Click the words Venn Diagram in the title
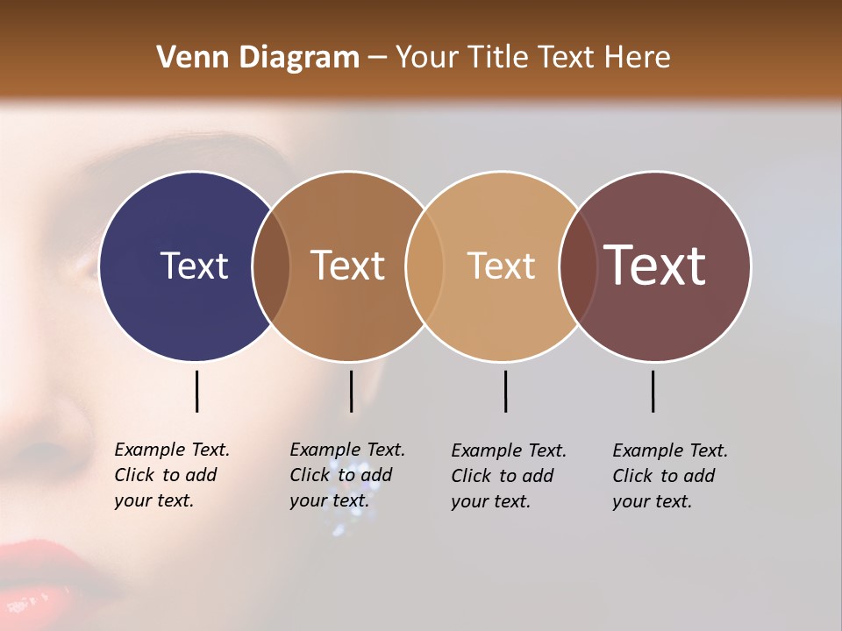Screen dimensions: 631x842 pos(258,58)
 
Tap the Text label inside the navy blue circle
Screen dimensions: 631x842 pos(194,266)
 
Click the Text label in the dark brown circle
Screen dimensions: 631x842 pos(348,266)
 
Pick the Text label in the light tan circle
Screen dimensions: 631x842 pos(501,266)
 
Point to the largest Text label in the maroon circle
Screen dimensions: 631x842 pos(655,266)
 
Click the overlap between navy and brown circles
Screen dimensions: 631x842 pos(271,266)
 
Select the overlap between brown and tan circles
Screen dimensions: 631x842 pos(425,266)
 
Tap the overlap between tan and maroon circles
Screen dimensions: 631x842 pos(577,266)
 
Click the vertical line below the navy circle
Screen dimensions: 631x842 pos(196,391)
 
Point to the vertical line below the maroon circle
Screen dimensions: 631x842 pos(653,391)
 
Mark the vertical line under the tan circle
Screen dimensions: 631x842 pos(505,391)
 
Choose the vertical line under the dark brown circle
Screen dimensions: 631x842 pos(351,391)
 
